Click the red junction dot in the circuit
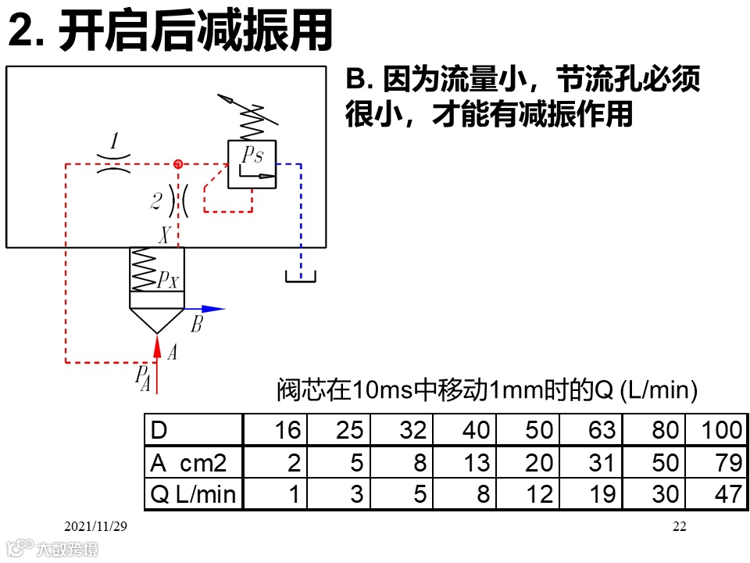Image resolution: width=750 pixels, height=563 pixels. coord(178,164)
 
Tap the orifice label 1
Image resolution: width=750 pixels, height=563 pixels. coord(114,142)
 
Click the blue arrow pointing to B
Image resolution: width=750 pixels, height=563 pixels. coord(205,309)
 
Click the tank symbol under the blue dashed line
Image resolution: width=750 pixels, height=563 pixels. coord(300,276)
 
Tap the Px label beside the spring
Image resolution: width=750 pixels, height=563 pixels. coord(168,280)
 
